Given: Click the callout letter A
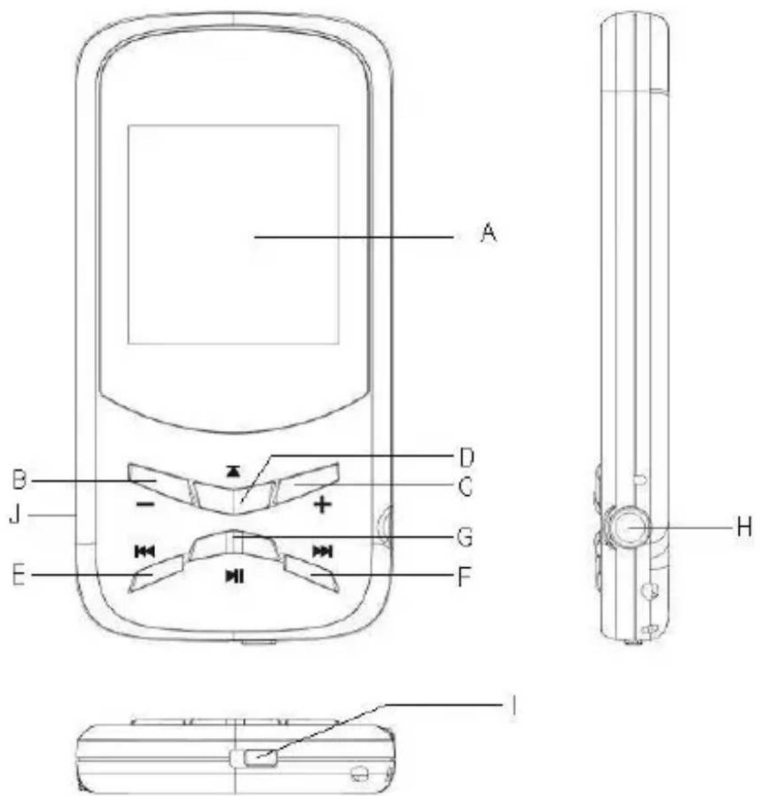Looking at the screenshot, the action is [x=488, y=234].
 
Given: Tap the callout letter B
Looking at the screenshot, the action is [x=19, y=480].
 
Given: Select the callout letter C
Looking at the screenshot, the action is [x=465, y=487].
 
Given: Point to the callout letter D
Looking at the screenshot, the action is [x=466, y=458].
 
